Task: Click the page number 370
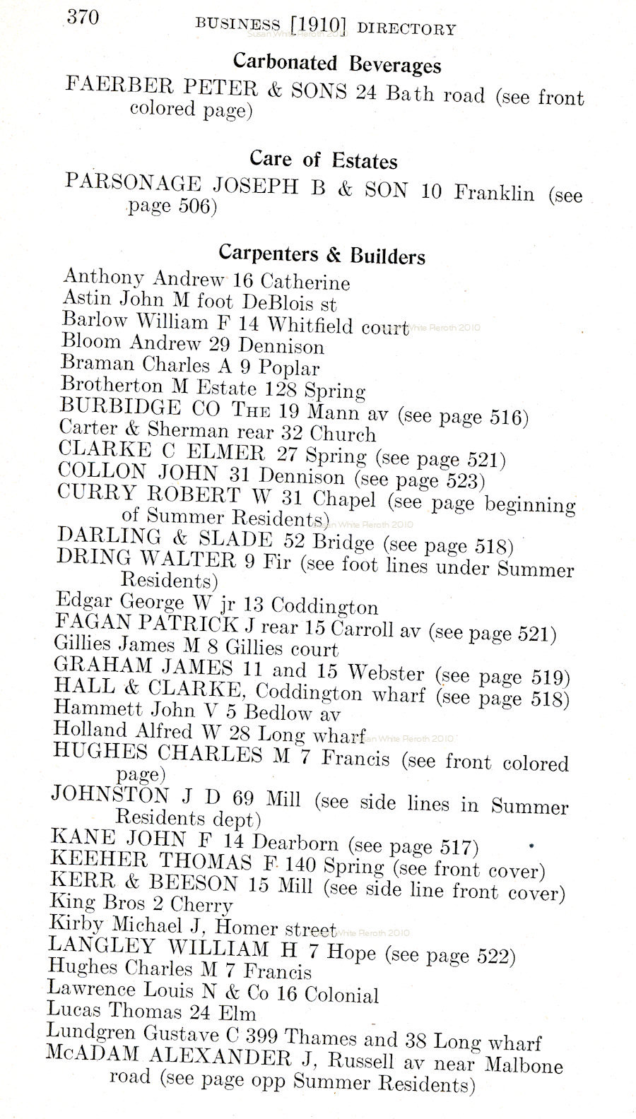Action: [83, 17]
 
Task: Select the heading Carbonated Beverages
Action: [337, 64]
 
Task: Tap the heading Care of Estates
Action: [323, 160]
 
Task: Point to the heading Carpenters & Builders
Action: [322, 254]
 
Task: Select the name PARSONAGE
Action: [132, 184]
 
